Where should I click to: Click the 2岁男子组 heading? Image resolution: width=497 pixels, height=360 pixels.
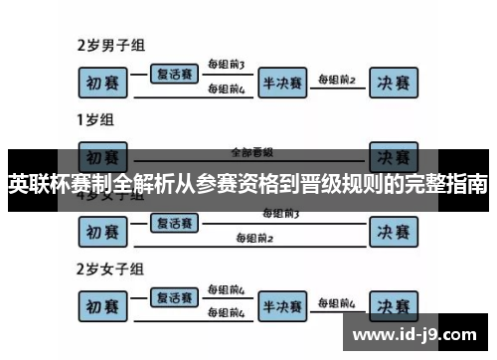[110, 46]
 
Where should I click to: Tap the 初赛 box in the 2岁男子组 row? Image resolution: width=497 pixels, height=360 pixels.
[105, 83]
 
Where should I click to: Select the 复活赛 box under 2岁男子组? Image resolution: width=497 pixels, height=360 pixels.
[177, 74]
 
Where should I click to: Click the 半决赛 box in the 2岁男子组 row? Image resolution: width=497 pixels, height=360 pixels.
[281, 83]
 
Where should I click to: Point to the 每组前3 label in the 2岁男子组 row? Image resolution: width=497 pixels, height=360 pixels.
[227, 65]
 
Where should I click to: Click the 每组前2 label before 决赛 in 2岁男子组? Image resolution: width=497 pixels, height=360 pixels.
[336, 80]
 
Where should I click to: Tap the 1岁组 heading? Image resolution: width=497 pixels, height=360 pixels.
[96, 120]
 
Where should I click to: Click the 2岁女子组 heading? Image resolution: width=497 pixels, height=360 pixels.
[110, 269]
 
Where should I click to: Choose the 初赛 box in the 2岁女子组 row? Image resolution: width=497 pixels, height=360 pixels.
[105, 305]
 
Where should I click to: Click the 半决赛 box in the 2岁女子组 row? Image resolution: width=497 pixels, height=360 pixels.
[281, 305]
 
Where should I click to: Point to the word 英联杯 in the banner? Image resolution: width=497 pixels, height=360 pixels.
[40, 185]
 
